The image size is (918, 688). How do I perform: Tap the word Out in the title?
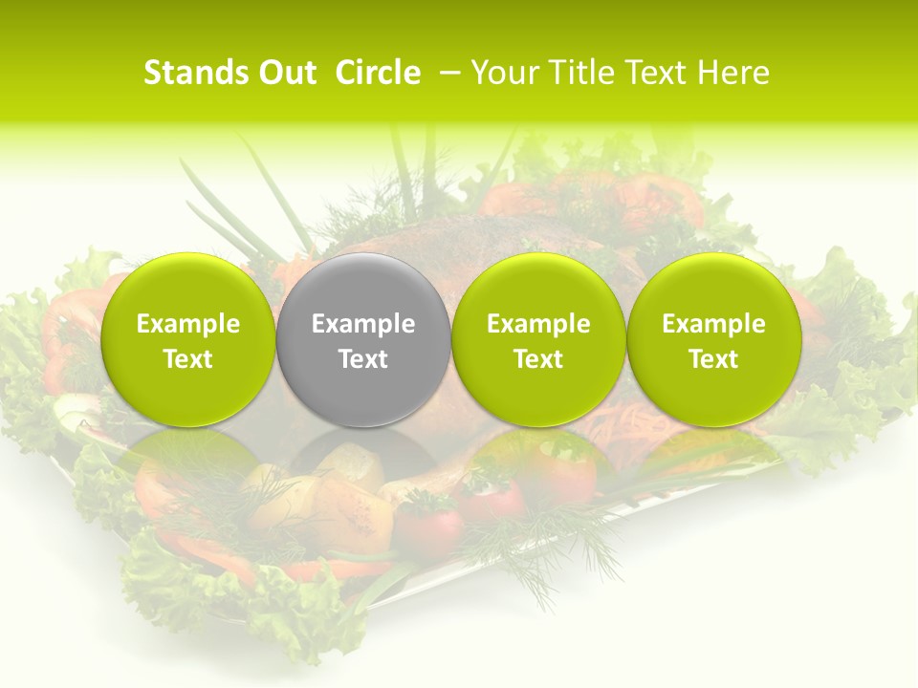[285, 73]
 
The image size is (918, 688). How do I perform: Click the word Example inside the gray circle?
[363, 324]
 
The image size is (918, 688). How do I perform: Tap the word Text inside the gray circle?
[363, 359]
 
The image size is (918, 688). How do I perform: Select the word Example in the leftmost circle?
[188, 324]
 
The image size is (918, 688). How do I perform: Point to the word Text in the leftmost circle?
[188, 359]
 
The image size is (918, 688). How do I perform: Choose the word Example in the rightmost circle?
[713, 324]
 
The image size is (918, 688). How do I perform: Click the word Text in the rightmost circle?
[713, 359]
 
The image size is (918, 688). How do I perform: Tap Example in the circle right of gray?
[538, 324]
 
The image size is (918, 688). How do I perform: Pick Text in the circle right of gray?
[538, 359]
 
